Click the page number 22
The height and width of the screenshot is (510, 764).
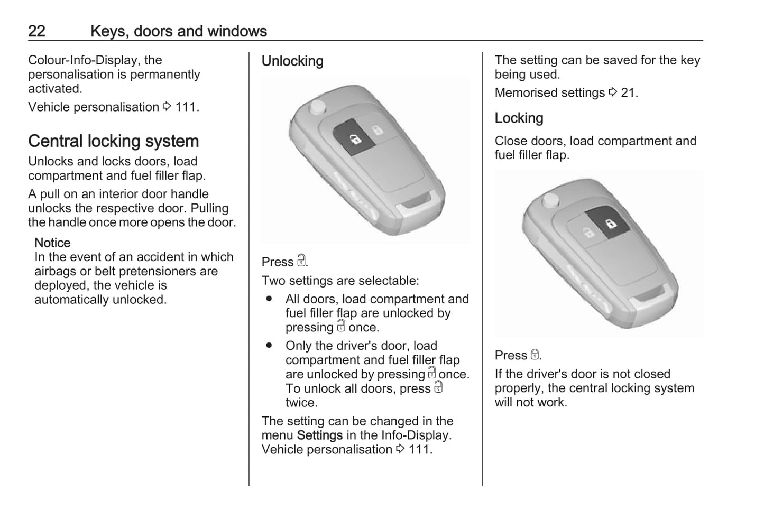36,31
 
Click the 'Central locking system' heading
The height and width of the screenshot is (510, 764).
113,141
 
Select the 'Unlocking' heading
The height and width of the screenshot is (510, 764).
292,61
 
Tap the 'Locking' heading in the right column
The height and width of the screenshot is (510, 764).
519,118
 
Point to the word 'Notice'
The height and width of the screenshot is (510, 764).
52,243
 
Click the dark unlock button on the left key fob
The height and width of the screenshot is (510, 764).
355,138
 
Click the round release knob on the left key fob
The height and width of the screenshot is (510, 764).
318,106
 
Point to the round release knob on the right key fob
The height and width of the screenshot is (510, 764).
550,200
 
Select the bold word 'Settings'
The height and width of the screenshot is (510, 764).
320,435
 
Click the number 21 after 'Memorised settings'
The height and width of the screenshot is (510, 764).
628,93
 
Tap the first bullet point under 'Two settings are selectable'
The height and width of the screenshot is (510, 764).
269,299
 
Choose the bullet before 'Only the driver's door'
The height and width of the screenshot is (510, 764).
269,346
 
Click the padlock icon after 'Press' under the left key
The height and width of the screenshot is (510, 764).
301,261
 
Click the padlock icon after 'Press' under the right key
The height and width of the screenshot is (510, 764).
535,355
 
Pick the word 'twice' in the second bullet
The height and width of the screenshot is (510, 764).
301,403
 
